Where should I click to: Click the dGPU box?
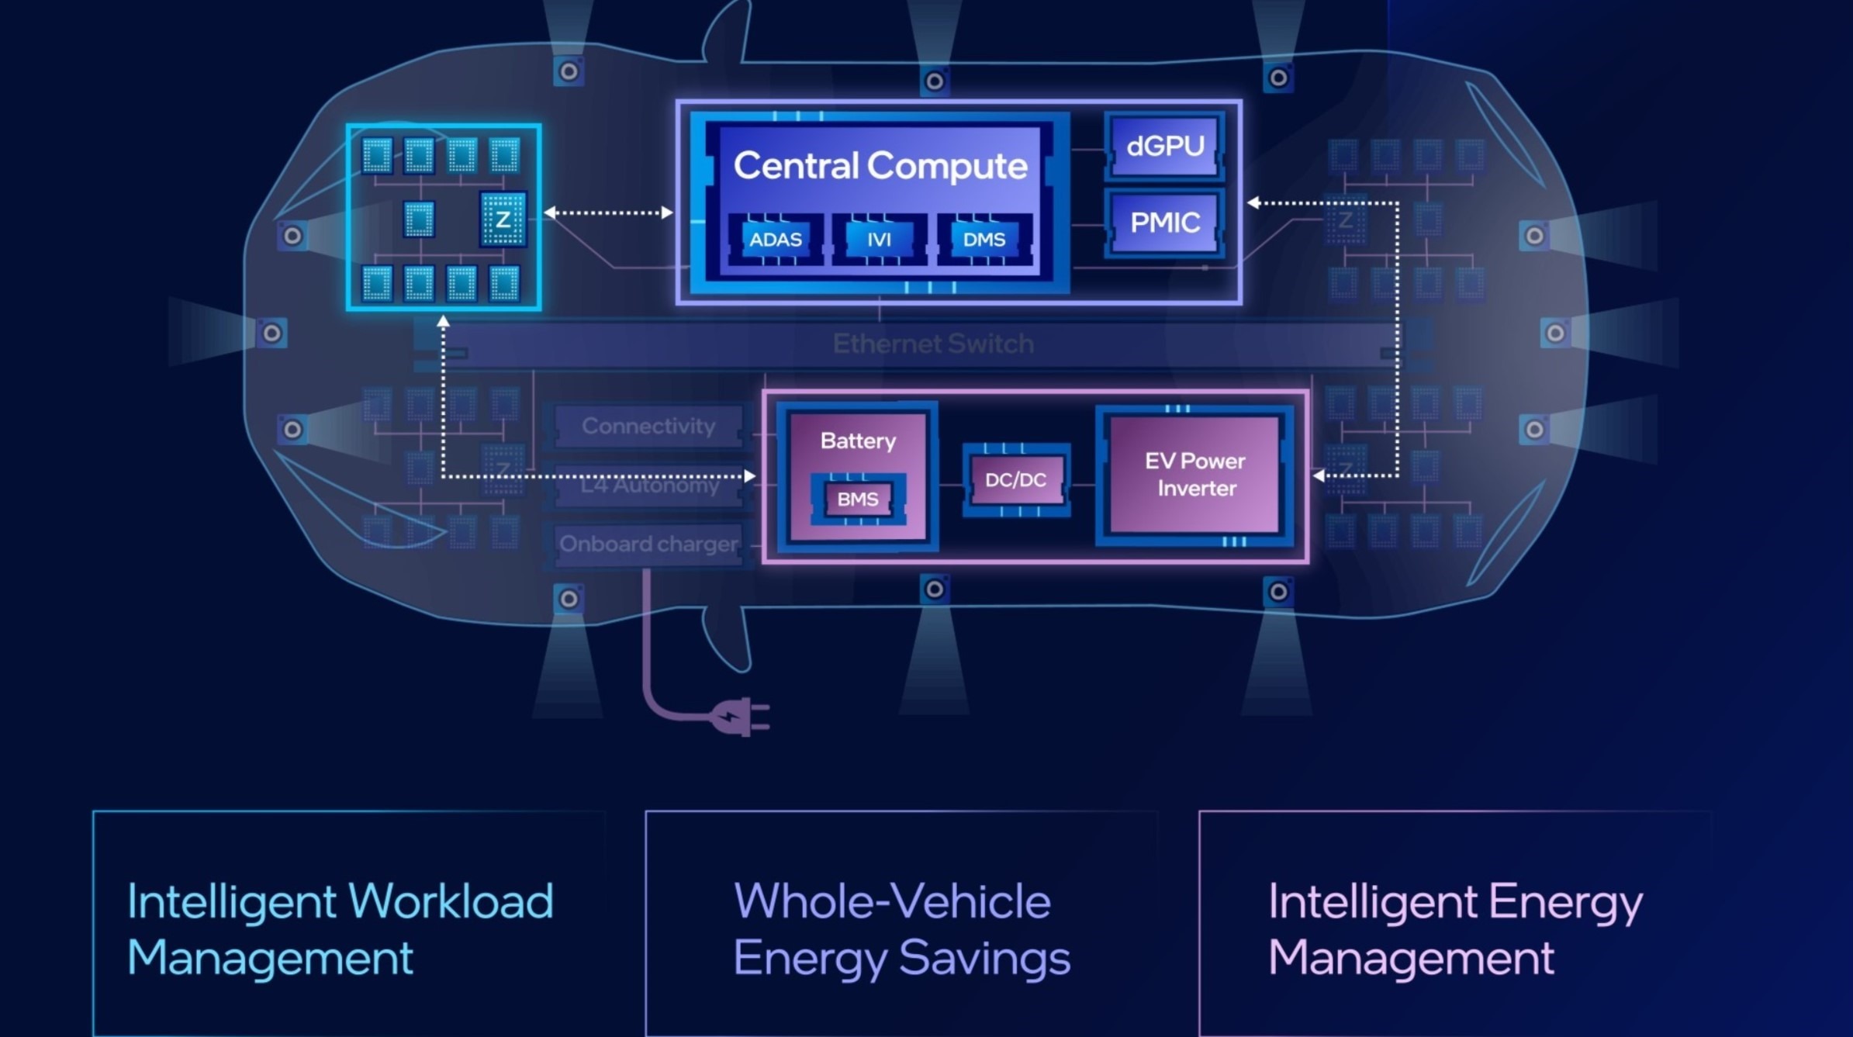pyautogui.click(x=1164, y=146)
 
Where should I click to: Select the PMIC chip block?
pyautogui.click(x=1164, y=223)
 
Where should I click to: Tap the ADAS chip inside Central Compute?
pyautogui.click(x=775, y=240)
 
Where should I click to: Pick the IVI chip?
pyautogui.click(x=879, y=240)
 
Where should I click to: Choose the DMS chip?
pyautogui.click(x=984, y=240)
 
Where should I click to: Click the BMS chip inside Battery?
pyautogui.click(x=857, y=499)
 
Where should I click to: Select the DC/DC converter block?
pyautogui.click(x=1015, y=480)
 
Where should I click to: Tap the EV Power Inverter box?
pyautogui.click(x=1195, y=475)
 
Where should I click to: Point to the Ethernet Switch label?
pyautogui.click(x=932, y=344)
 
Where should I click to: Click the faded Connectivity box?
pyautogui.click(x=648, y=426)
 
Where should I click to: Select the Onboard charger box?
pyautogui.click(x=648, y=544)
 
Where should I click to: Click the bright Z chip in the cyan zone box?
pyautogui.click(x=503, y=219)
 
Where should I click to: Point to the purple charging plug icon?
pyautogui.click(x=741, y=717)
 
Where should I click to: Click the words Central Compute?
pyautogui.click(x=880, y=166)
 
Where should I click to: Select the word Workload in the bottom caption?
pyautogui.click(x=451, y=901)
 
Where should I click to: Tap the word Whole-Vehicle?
pyautogui.click(x=892, y=901)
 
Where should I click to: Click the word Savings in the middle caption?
pyautogui.click(x=985, y=958)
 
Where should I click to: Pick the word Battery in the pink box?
pyautogui.click(x=858, y=441)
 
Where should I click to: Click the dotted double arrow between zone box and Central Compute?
pyautogui.click(x=608, y=213)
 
